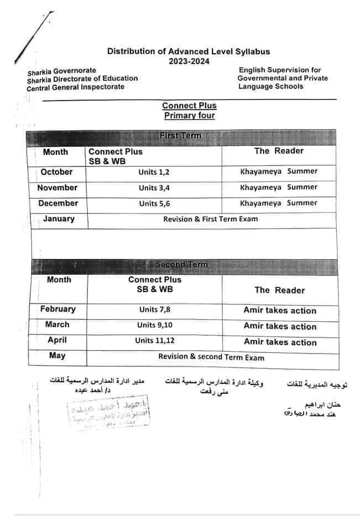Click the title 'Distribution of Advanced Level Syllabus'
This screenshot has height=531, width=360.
tap(189, 51)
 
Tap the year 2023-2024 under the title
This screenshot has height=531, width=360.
tap(189, 61)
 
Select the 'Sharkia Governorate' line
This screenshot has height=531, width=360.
tap(61, 71)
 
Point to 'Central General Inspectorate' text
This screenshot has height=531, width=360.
tap(76, 87)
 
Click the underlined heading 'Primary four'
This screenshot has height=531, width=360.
tap(189, 116)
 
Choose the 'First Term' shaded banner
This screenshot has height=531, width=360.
tap(180, 136)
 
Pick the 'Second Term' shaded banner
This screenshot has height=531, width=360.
tap(181, 264)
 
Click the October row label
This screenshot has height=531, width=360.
tap(56, 172)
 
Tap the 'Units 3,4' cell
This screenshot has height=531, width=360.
tap(154, 188)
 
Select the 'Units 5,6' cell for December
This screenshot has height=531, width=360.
tap(154, 204)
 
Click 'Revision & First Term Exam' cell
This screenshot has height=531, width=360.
tap(210, 219)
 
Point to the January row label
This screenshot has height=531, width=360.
tap(59, 219)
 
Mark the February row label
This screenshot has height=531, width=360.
tap(58, 309)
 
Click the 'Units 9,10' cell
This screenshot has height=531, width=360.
tap(154, 325)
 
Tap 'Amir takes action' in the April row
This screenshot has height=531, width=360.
tap(280, 342)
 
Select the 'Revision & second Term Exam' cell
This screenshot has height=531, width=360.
tap(211, 357)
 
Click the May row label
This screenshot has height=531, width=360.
tap(57, 356)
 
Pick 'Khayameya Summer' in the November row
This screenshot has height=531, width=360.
tap(279, 188)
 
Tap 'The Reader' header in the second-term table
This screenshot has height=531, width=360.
tap(279, 290)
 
